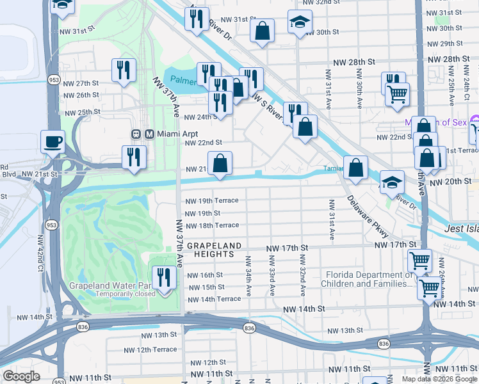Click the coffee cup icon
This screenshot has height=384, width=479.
click(x=53, y=141)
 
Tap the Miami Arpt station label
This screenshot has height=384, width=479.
click(x=166, y=134)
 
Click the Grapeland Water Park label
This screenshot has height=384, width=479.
click(x=109, y=285)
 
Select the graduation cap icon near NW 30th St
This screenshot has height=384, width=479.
click(x=300, y=22)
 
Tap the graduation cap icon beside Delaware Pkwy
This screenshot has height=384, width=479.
click(x=392, y=182)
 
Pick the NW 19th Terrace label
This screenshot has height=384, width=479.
click(x=211, y=200)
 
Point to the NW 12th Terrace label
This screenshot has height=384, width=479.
click(x=150, y=349)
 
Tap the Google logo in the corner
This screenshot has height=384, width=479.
click(x=21, y=376)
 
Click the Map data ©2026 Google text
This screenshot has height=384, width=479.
click(x=439, y=379)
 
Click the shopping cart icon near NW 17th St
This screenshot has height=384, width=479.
click(x=419, y=260)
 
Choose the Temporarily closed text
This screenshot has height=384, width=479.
click(x=126, y=294)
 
